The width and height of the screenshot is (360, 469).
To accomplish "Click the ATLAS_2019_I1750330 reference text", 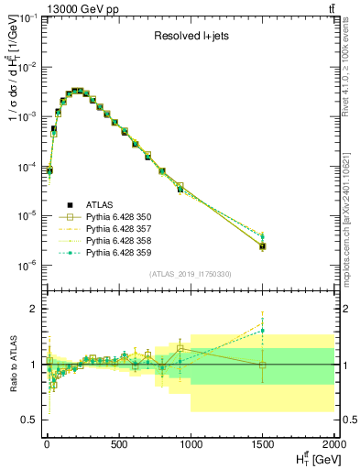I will pos(190,274).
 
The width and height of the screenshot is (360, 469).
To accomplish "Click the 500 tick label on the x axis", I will pos(119,445).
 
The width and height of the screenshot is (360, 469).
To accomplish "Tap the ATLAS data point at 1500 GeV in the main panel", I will pos(263,246).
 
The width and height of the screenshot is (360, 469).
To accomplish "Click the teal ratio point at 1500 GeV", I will pos(263,331).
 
